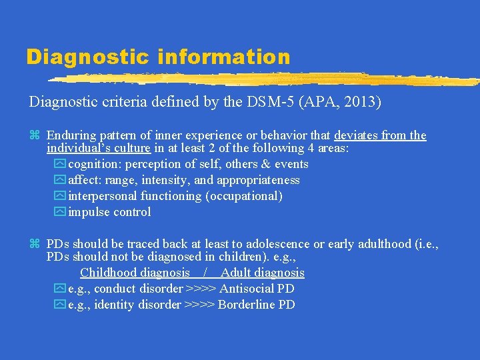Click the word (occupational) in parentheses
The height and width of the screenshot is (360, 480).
click(x=244, y=196)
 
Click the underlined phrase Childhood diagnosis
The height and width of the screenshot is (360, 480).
click(x=135, y=273)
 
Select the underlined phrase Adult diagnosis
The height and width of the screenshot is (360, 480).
click(x=263, y=273)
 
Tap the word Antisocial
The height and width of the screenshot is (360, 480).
click(x=245, y=289)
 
